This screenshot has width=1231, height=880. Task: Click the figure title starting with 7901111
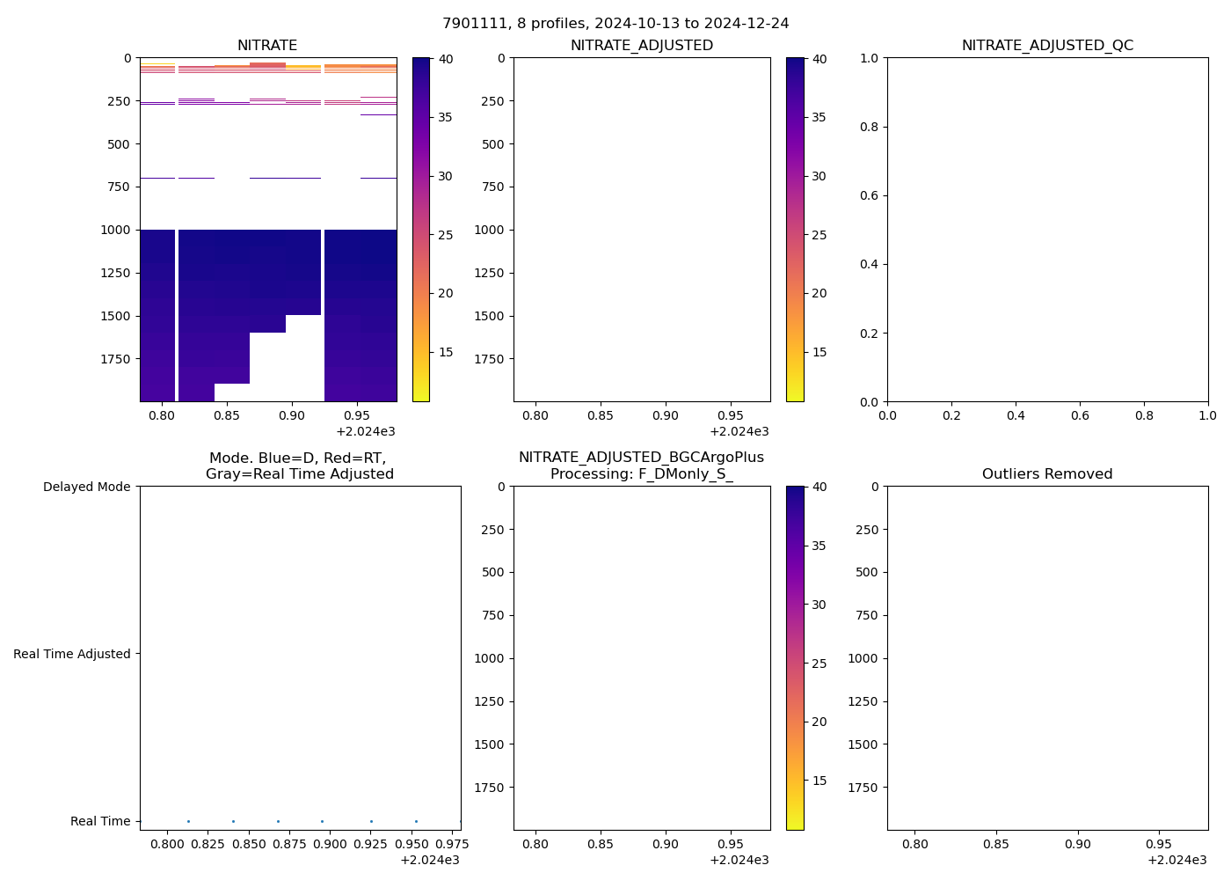click(x=615, y=24)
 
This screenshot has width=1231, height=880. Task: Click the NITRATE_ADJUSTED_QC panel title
click(x=1047, y=46)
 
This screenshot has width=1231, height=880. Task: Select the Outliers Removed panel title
click(x=1047, y=474)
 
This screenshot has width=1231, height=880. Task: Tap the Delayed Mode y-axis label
click(x=86, y=487)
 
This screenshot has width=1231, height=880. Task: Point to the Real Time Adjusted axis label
click(x=72, y=654)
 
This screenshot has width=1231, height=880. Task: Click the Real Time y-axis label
click(x=100, y=821)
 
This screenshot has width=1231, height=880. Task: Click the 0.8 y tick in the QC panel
click(x=870, y=127)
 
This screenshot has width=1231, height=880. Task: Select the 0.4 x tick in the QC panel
click(x=1016, y=414)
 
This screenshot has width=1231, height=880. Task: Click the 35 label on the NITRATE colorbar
click(x=446, y=117)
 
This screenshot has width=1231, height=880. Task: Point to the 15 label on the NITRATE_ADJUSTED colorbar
click(x=819, y=352)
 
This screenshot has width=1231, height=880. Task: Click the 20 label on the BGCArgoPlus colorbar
click(x=819, y=722)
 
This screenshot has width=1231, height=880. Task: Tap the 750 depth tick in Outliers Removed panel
click(x=867, y=615)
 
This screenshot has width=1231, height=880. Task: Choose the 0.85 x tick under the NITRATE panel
click(x=227, y=414)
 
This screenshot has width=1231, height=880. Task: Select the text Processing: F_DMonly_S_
click(x=642, y=474)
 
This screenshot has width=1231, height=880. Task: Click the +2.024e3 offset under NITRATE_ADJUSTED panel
click(x=739, y=431)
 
